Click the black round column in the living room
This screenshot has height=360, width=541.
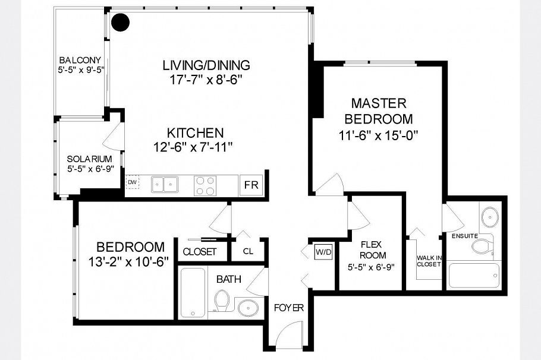[121, 22]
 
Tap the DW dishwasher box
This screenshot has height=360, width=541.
[132, 182]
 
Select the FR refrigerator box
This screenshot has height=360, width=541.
[251, 185]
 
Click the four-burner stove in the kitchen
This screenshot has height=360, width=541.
[205, 186]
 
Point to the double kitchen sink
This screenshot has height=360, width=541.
[165, 185]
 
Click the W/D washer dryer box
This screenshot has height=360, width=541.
[323, 252]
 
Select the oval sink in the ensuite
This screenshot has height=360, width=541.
[490, 217]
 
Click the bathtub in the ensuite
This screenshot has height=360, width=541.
[473, 276]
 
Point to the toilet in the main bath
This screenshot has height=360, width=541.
[221, 301]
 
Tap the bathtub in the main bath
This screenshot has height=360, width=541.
[194, 293]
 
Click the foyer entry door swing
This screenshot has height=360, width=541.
[289, 334]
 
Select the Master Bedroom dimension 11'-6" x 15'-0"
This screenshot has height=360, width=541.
[378, 135]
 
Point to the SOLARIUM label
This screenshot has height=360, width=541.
[89, 159]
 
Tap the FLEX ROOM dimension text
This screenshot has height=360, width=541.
[371, 267]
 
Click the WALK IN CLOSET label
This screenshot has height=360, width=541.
[429, 261]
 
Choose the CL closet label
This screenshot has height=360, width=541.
[248, 251]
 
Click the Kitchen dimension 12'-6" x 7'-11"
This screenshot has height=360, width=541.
[193, 147]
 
